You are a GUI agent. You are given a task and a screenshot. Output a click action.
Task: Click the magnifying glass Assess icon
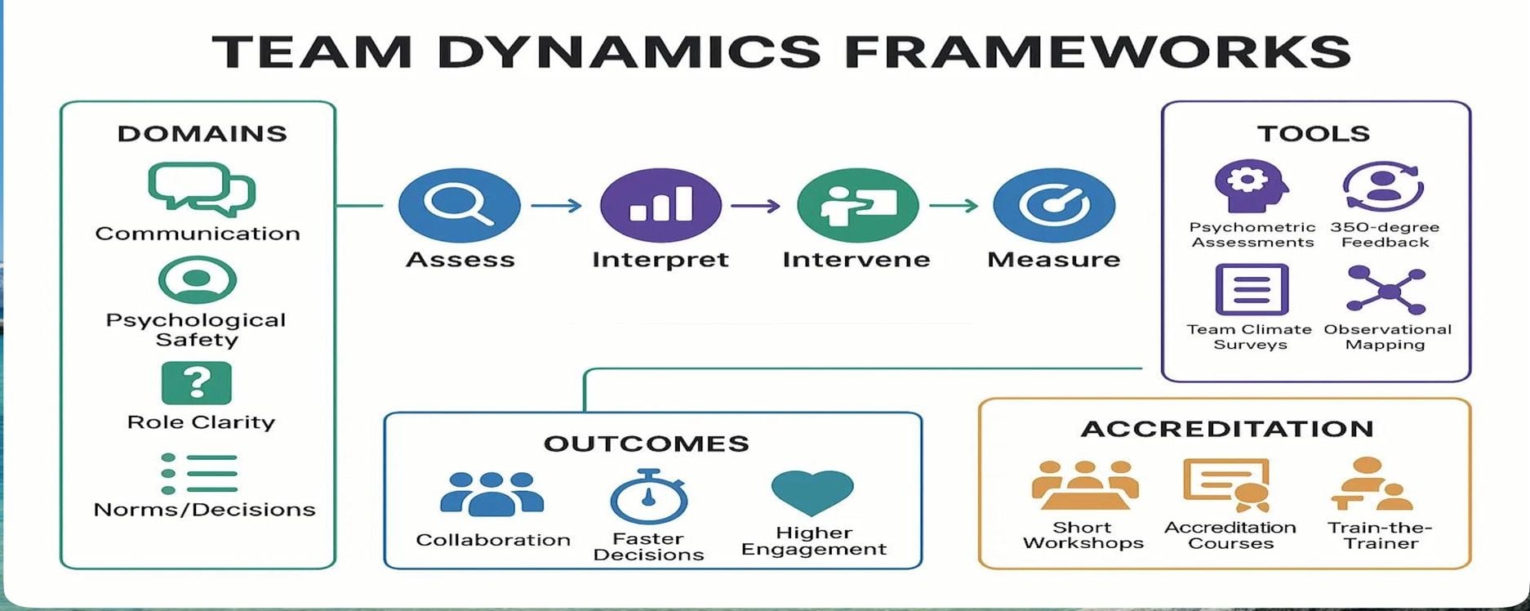point(459,205)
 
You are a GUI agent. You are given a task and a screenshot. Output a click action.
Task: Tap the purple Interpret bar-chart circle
point(660,205)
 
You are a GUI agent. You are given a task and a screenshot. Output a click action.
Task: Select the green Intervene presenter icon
point(857,205)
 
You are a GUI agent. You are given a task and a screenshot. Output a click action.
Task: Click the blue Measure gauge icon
point(1053,205)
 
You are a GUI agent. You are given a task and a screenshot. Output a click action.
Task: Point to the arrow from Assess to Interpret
point(557,206)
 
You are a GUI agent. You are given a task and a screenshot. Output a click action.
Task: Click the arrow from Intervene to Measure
point(954,206)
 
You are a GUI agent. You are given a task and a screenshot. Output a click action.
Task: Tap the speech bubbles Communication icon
point(202,189)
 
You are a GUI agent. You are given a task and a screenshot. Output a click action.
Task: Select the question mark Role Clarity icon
point(197,383)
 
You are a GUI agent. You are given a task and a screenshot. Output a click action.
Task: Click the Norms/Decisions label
point(204,510)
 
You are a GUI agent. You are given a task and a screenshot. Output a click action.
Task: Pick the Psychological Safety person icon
point(197,280)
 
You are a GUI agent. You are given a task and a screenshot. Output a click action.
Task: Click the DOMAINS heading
point(202,134)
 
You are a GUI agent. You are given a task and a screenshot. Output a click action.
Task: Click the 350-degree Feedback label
point(1385,234)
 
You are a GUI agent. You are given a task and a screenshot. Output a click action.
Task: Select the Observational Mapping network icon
point(1386,290)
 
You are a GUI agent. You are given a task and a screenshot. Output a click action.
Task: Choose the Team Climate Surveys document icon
point(1252,289)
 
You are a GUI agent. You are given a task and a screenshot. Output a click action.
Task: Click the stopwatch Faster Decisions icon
point(649,497)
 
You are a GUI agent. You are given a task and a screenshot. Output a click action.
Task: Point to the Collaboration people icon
point(491,493)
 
